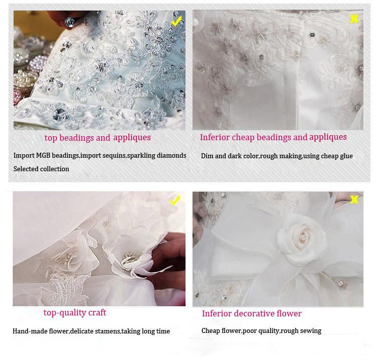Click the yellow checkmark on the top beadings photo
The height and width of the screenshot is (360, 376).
(x=177, y=21)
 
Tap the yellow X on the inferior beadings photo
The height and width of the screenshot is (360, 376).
(x=354, y=19)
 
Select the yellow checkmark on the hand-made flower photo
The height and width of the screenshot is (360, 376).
(x=175, y=200)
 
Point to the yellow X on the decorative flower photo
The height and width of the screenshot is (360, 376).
(x=354, y=199)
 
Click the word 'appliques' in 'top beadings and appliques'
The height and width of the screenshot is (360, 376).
(x=132, y=138)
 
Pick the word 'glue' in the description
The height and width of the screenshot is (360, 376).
(x=345, y=156)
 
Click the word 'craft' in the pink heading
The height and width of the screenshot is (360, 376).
(x=97, y=312)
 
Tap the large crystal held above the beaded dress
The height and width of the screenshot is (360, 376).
(x=69, y=22)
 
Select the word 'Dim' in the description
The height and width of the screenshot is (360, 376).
(x=207, y=156)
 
